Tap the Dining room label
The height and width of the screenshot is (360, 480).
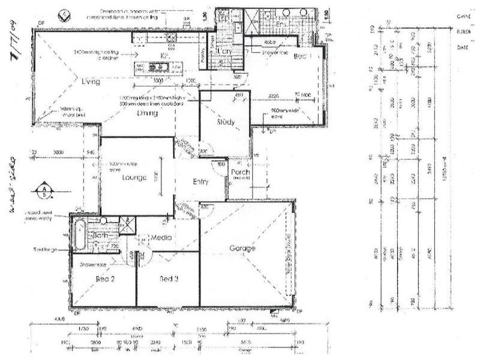coord(146,113)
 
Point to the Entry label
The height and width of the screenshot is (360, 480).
coord(200,182)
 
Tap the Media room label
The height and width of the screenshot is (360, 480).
coord(162,238)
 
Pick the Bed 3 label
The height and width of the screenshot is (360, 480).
coord(169,278)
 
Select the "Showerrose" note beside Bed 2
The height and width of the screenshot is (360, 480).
coord(89,264)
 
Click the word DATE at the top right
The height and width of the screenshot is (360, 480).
coord(462,47)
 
